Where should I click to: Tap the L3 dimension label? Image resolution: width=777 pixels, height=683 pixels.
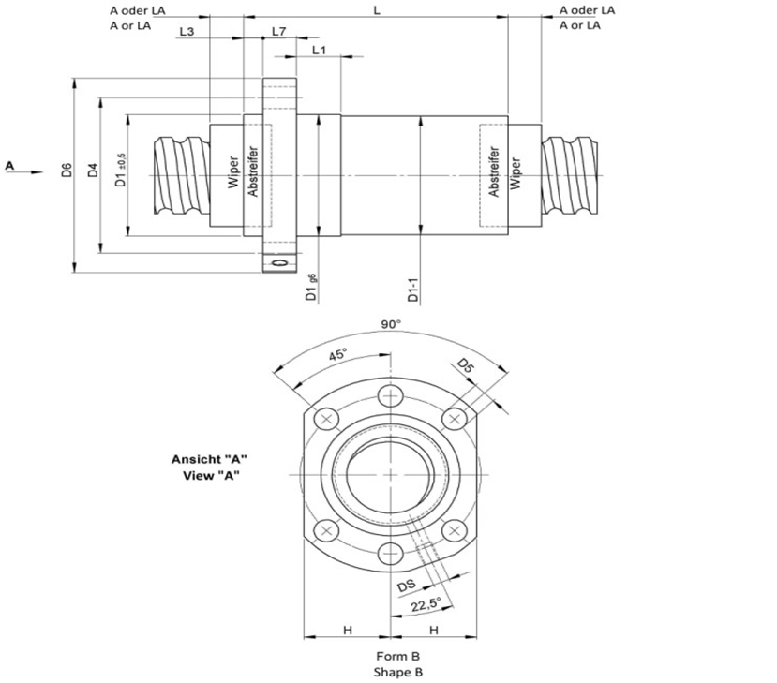(186, 31)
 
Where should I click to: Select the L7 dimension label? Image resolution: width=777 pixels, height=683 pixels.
(278, 31)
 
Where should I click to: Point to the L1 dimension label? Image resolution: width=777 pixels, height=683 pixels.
(318, 50)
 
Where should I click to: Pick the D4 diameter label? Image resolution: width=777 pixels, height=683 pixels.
(92, 171)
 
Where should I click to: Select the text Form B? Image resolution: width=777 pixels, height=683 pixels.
(391, 656)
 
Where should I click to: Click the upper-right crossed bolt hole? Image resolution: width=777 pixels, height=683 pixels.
(455, 418)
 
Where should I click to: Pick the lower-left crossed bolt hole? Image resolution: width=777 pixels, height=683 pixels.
(326, 530)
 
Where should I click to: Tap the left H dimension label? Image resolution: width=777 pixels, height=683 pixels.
(347, 630)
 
